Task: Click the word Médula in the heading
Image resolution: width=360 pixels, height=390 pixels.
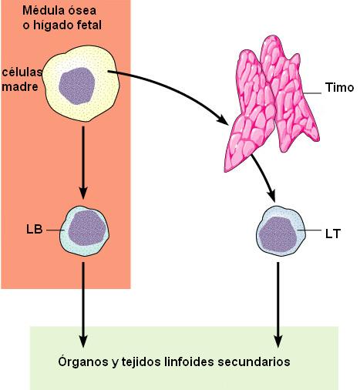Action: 43,11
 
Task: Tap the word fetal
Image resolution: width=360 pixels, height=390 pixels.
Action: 89,25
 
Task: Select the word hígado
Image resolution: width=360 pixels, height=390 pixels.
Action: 54,25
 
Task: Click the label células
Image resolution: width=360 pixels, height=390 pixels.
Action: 22,72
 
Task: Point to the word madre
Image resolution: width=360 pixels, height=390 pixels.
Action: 20,86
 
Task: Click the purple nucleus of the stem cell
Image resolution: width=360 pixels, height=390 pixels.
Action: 76,86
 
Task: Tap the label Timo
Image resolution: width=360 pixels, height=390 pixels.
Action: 339,87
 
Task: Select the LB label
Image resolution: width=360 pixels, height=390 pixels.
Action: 35,229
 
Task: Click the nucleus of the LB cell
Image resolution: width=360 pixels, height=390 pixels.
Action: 87,228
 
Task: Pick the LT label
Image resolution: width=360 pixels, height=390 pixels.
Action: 333,234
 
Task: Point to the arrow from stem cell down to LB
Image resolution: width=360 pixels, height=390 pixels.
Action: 83,163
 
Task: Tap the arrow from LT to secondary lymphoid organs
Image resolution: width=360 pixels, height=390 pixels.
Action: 278,305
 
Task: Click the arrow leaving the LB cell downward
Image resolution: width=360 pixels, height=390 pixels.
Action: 83,305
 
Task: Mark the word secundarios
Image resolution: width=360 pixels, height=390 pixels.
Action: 254,361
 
